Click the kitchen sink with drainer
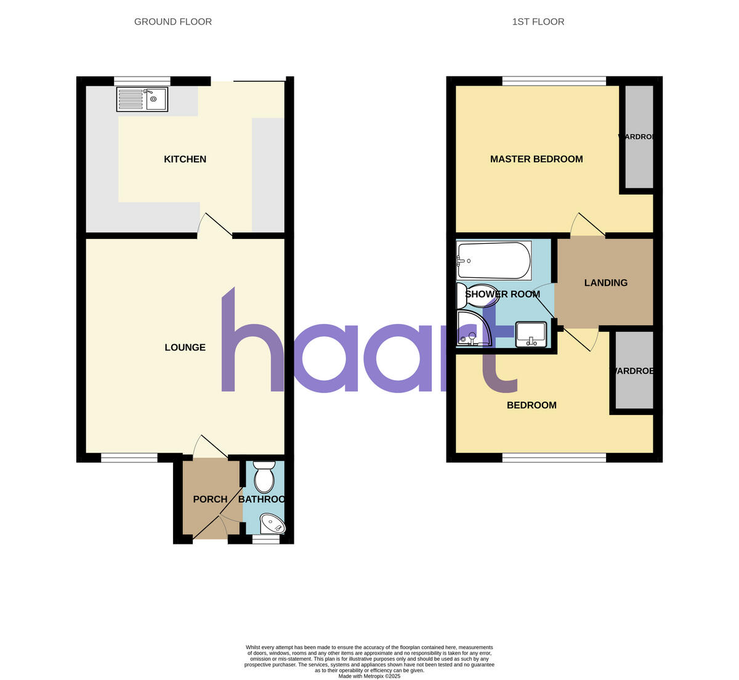[142, 99]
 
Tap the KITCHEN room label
[185, 160]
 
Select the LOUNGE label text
[185, 347]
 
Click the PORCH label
[210, 499]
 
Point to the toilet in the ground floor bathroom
[264, 477]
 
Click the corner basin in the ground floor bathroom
[273, 524]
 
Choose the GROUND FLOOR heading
[173, 22]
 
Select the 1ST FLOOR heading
[538, 22]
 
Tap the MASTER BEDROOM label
[536, 160]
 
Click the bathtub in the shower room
[494, 261]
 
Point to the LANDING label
[606, 283]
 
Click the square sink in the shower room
[531, 333]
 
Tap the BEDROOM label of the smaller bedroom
[531, 405]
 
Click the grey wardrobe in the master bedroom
[639, 137]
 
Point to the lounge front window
[129, 457]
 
